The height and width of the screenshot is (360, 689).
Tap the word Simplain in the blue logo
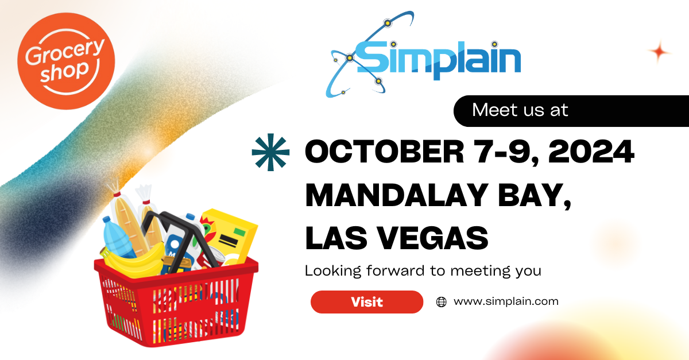coord(439,58)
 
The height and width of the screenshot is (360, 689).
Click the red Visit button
coord(366,302)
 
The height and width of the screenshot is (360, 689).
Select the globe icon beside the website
coord(441,302)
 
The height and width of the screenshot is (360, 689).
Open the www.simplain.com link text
coord(506,301)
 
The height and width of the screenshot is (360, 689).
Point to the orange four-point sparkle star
coord(660,52)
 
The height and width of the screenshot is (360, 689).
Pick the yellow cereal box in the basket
coord(230,233)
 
